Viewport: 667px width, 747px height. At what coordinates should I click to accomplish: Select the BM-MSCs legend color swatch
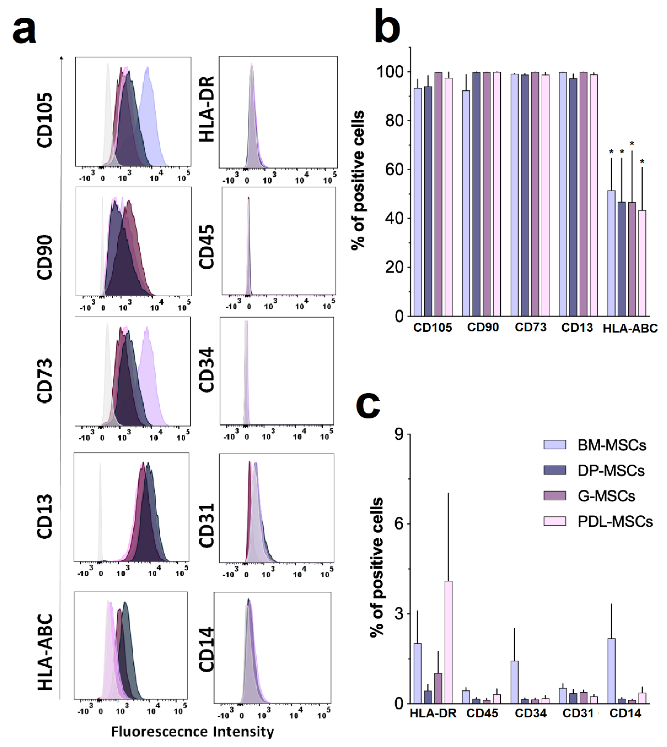[x=555, y=445]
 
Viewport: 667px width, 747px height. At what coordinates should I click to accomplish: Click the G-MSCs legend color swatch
[x=555, y=496]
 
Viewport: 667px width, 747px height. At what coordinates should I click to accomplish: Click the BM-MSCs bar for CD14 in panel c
[x=611, y=671]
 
